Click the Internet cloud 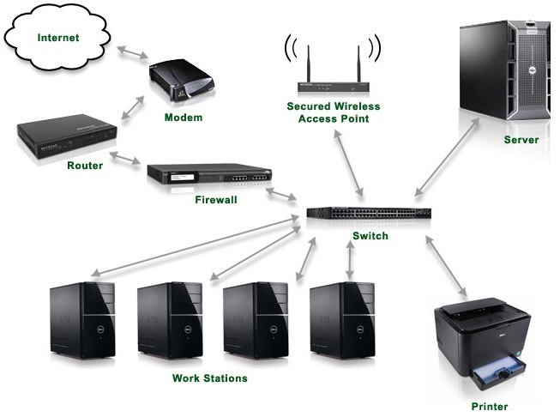(x=58, y=39)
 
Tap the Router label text (x=85, y=166)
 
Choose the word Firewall (x=214, y=202)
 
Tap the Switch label (x=370, y=236)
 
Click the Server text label (x=521, y=140)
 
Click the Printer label (x=490, y=406)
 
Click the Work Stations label (x=209, y=378)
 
